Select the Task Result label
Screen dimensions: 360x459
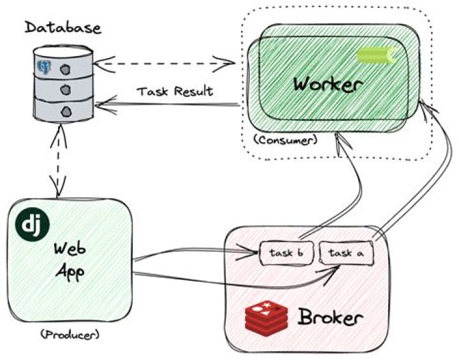tap(175, 91)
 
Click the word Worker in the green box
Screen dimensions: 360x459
tap(328, 84)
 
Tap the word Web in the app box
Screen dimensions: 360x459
tap(70, 247)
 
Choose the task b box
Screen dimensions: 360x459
tap(285, 253)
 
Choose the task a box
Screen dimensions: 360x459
tap(346, 253)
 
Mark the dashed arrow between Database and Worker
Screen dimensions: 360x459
tap(169, 63)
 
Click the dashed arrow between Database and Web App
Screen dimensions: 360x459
tap(59, 159)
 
